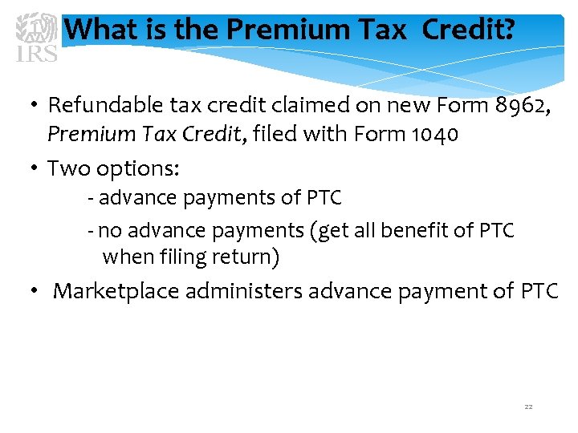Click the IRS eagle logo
[x=37, y=37]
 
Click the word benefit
[x=430, y=231]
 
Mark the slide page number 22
[x=528, y=407]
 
